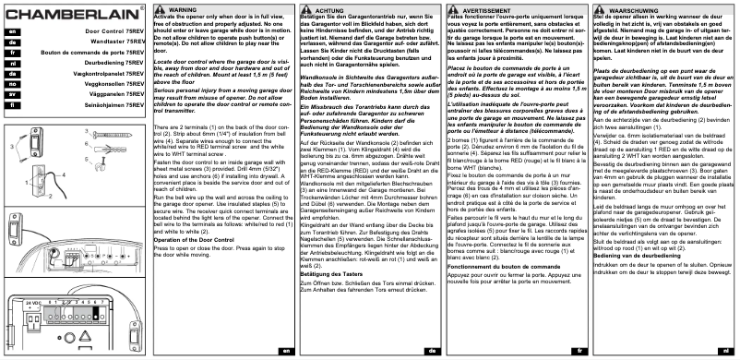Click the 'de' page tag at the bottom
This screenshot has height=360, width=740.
click(x=430, y=352)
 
